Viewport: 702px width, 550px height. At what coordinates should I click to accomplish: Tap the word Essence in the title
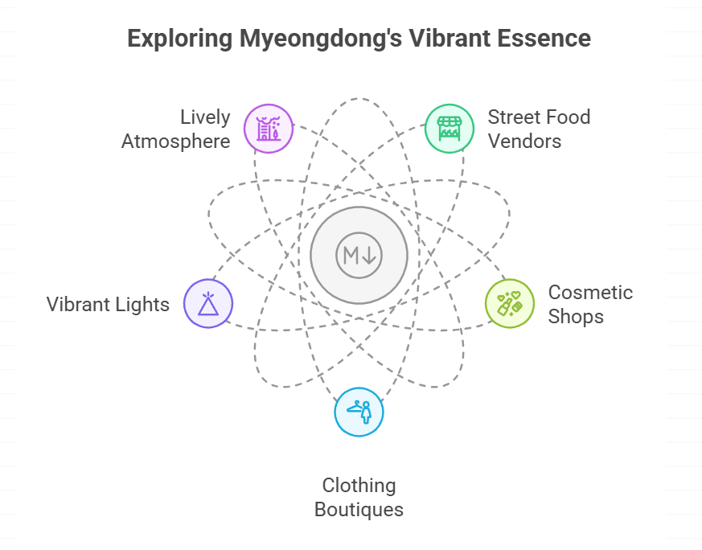(x=546, y=39)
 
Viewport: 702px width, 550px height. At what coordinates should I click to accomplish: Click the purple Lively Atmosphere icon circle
(x=269, y=128)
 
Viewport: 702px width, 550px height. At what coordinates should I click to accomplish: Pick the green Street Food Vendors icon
(x=449, y=128)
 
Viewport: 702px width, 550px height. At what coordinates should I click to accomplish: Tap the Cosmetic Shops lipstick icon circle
(x=510, y=304)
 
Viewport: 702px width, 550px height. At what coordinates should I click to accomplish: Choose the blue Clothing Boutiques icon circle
(x=359, y=412)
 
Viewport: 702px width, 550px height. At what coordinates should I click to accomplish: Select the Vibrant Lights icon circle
(x=208, y=304)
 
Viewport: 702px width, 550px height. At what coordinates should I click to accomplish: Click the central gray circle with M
(x=359, y=256)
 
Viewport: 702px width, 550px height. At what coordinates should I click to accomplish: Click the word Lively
(x=204, y=117)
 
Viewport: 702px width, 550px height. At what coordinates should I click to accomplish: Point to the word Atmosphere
(x=175, y=142)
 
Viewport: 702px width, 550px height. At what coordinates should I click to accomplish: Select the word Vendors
(x=524, y=142)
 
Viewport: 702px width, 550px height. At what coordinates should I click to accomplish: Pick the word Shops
(x=576, y=316)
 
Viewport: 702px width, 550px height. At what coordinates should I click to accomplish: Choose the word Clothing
(x=359, y=486)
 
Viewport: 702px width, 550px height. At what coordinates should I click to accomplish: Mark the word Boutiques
(x=359, y=510)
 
